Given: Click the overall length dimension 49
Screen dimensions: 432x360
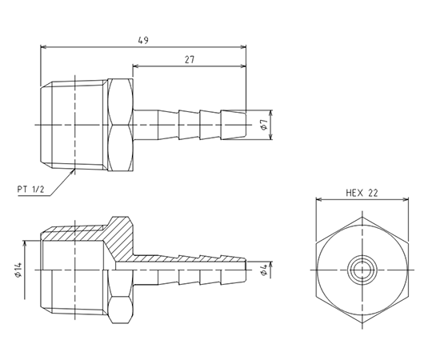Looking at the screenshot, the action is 143,40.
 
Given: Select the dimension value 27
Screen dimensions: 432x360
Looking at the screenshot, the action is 190,59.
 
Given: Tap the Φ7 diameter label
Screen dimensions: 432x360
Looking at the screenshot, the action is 264,125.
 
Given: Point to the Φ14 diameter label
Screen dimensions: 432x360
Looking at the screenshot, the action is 18,270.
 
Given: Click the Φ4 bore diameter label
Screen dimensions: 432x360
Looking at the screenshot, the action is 264,270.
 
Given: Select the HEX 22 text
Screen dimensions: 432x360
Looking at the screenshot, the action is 362,193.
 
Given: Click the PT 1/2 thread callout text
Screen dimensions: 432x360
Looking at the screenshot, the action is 30,190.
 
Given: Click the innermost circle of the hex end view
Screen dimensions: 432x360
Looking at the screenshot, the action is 362,270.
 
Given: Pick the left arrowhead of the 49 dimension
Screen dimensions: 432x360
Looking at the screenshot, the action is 43,47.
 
